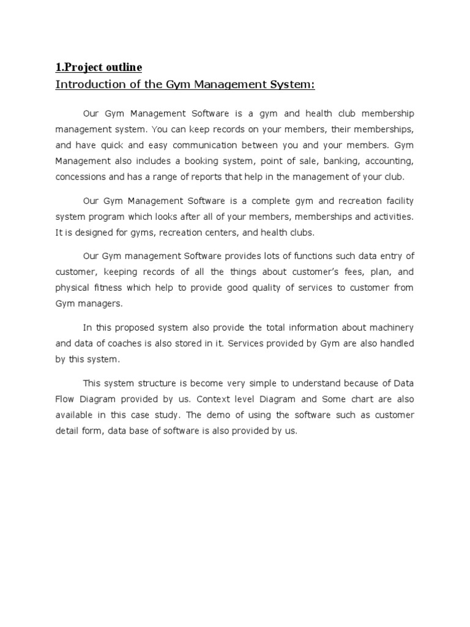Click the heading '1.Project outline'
click(x=99, y=67)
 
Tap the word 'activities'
click(x=392, y=217)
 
